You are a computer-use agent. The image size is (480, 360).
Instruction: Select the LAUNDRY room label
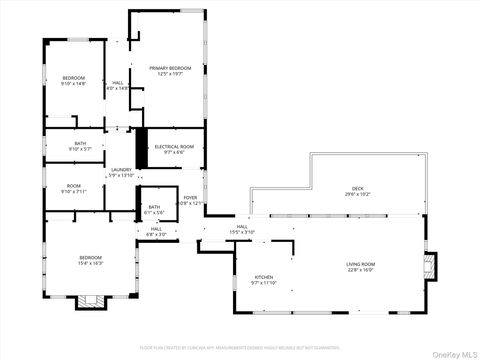121,172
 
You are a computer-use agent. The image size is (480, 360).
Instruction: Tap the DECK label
357,191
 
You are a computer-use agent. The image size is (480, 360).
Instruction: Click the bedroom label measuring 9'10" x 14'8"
74,81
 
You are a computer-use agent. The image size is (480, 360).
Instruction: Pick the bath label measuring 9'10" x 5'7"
80,146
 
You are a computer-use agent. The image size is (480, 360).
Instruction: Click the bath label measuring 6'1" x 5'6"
154,209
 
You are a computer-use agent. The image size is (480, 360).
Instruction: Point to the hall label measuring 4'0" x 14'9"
118,85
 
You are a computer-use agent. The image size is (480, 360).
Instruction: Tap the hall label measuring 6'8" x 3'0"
157,231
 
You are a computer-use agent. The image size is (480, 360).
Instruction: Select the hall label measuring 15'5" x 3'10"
242,229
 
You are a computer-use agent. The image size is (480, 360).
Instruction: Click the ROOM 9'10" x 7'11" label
74,188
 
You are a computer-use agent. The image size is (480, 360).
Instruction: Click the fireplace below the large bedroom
88,301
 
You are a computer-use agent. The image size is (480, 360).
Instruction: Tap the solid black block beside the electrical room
141,146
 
